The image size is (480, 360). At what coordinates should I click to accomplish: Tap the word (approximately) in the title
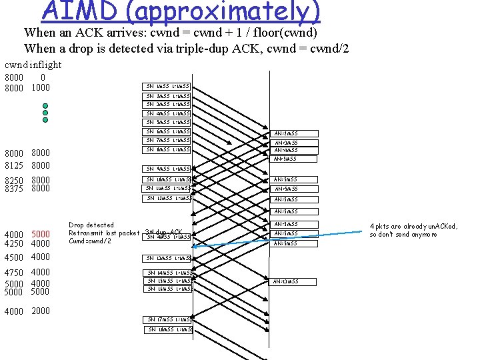[214, 11]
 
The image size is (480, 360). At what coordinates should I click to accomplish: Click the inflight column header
[46, 65]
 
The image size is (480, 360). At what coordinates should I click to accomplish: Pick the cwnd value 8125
[14, 165]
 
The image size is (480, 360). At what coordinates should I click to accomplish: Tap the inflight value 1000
[41, 87]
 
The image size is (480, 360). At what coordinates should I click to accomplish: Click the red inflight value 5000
[41, 234]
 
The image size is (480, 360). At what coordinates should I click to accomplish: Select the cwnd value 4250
[14, 243]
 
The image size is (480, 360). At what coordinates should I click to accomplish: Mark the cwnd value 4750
[14, 272]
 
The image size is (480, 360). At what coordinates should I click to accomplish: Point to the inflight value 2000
[41, 311]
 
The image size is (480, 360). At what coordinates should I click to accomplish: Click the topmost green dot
[45, 106]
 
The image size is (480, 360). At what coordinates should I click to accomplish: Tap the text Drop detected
[91, 225]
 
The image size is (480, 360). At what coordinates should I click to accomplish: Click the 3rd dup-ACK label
[163, 232]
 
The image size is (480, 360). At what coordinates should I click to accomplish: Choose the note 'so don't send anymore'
[404, 235]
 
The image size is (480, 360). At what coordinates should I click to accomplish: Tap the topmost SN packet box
[168, 86]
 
